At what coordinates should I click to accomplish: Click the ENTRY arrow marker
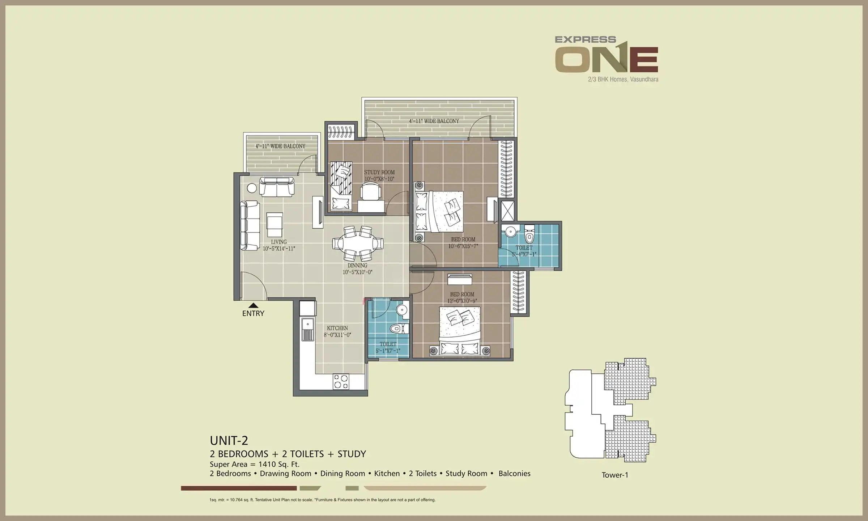tap(253, 306)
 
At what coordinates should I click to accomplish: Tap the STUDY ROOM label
tap(379, 173)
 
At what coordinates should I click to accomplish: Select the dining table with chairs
tap(358, 243)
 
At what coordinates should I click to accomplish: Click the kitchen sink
tap(308, 329)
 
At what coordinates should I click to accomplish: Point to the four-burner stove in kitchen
tap(341, 382)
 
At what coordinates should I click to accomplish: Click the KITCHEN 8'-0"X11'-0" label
tap(337, 331)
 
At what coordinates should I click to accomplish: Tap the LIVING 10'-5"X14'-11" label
tap(278, 245)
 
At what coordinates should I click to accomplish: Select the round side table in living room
tap(252, 188)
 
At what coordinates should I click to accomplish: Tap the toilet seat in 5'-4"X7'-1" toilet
tap(529, 235)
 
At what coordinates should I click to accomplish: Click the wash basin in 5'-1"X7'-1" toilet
tap(401, 310)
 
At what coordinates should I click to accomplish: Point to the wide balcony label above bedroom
tap(434, 121)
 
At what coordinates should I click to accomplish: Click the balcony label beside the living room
tap(280, 146)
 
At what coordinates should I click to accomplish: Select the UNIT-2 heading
tap(229, 441)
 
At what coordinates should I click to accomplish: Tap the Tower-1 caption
tap(614, 475)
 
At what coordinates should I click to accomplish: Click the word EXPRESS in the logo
tap(585, 39)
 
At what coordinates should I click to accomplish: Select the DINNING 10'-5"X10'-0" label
tap(357, 269)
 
